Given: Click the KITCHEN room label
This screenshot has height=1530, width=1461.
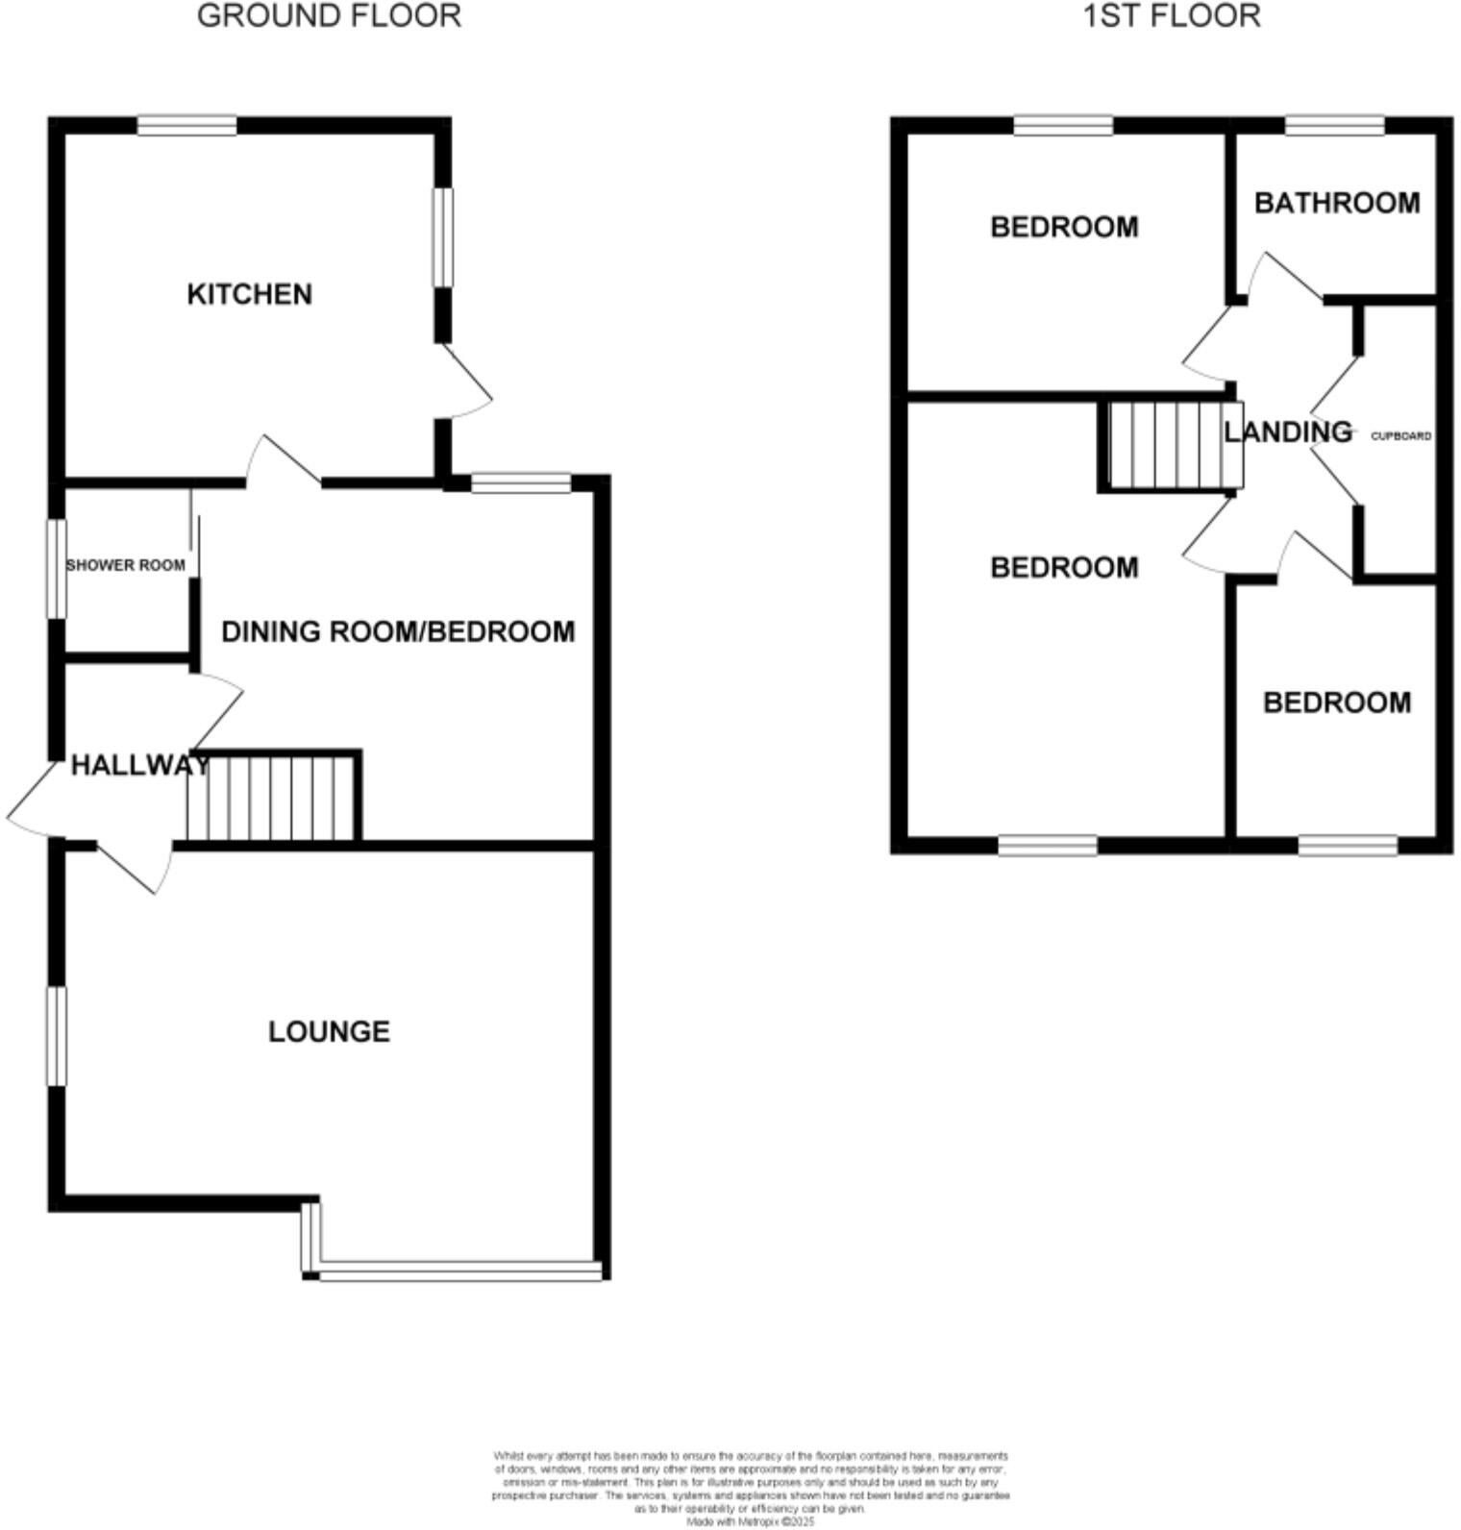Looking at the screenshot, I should pos(249,294).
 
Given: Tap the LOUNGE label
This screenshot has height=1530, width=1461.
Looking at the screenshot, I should pos(329,1032).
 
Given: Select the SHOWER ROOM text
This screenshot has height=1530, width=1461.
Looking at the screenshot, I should pos(125,565).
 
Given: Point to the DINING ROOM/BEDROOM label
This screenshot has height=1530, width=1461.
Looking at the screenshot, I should pos(398,631).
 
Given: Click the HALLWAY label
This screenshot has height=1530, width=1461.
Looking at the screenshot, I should pos(140,766).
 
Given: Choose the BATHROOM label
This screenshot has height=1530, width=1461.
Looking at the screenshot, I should pos(1337,203).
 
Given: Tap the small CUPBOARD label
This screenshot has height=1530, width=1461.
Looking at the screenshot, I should pos(1400,436).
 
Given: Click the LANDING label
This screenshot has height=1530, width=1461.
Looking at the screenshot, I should pos(1288,432).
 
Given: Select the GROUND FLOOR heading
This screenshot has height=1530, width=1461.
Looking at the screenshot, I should pos(329,16).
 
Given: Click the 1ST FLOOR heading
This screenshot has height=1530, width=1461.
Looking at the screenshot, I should pos(1172,16).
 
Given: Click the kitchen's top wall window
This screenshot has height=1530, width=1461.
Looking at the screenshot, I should pos(186,126).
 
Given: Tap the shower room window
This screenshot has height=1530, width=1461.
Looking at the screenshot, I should pos(58,568).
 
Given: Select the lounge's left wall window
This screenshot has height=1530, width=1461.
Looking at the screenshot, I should pos(58,1035).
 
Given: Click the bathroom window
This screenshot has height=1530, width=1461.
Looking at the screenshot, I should pos(1335,126).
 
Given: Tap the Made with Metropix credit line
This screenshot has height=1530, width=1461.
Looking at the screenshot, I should pos(751,1521).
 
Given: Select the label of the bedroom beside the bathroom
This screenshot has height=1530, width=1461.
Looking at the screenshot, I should pos(1064,227).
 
